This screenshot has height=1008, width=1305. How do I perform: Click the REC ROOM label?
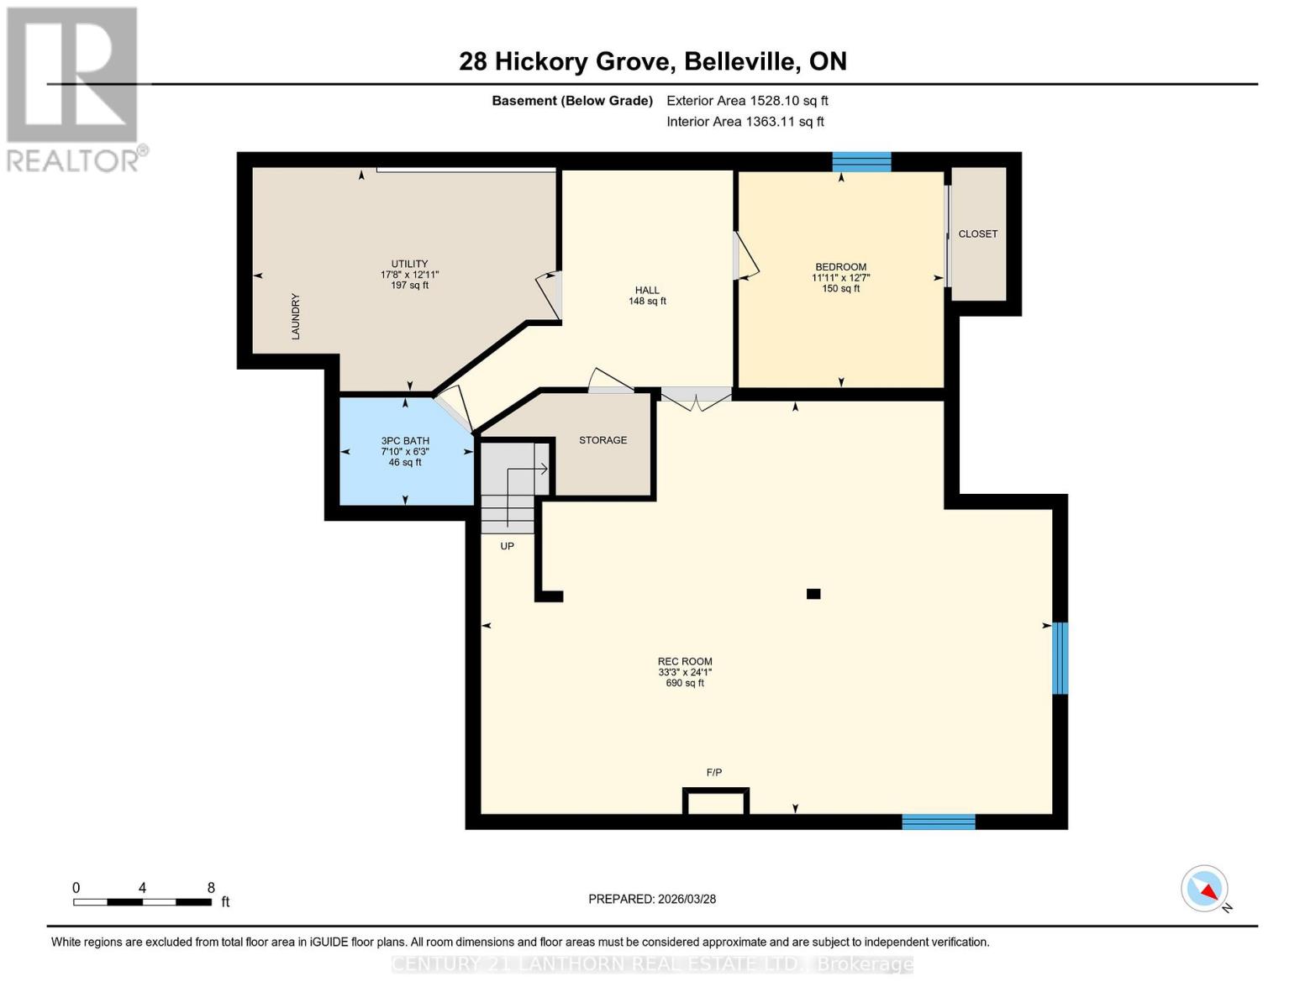pyautogui.click(x=685, y=662)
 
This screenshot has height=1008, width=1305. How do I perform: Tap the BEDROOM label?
pyautogui.click(x=840, y=267)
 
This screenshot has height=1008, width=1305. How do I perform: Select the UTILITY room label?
pyautogui.click(x=409, y=264)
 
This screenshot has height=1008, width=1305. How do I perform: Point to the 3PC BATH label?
pyautogui.click(x=405, y=441)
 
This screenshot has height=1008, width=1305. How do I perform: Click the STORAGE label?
pyautogui.click(x=603, y=440)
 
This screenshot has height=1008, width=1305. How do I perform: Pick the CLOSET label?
pyautogui.click(x=978, y=234)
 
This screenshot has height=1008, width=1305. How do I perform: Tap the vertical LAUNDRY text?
pyautogui.click(x=296, y=317)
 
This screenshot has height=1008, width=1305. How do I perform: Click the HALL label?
pyautogui.click(x=647, y=291)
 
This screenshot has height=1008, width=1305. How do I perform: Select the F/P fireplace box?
pyautogui.click(x=715, y=802)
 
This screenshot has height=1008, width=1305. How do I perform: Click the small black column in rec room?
pyautogui.click(x=813, y=594)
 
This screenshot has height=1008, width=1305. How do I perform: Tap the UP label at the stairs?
pyautogui.click(x=507, y=546)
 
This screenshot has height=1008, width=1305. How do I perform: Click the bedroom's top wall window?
pyautogui.click(x=861, y=162)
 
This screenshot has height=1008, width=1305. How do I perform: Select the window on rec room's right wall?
pyautogui.click(x=1060, y=658)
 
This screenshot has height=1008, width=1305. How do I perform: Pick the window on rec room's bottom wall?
pyautogui.click(x=939, y=822)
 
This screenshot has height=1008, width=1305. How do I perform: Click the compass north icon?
pyautogui.click(x=1205, y=889)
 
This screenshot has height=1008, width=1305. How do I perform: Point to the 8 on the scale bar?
pyautogui.click(x=211, y=888)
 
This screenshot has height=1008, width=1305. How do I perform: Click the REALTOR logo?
pyautogui.click(x=74, y=89)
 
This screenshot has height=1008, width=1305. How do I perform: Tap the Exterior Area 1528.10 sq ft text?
pyautogui.click(x=747, y=101)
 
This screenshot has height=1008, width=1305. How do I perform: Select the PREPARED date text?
pyautogui.click(x=652, y=899)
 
